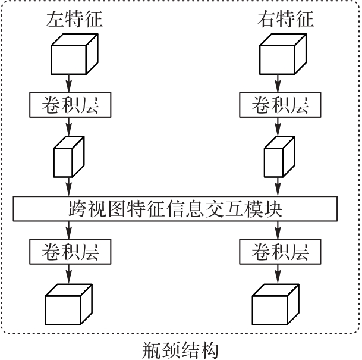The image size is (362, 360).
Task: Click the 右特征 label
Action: (x=285, y=19)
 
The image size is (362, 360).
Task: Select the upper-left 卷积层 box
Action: (x=70, y=106)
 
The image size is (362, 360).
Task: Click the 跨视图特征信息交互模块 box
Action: (x=175, y=208)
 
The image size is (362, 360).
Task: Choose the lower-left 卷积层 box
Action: (x=70, y=252)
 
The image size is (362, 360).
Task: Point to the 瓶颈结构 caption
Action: (x=181, y=349)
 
